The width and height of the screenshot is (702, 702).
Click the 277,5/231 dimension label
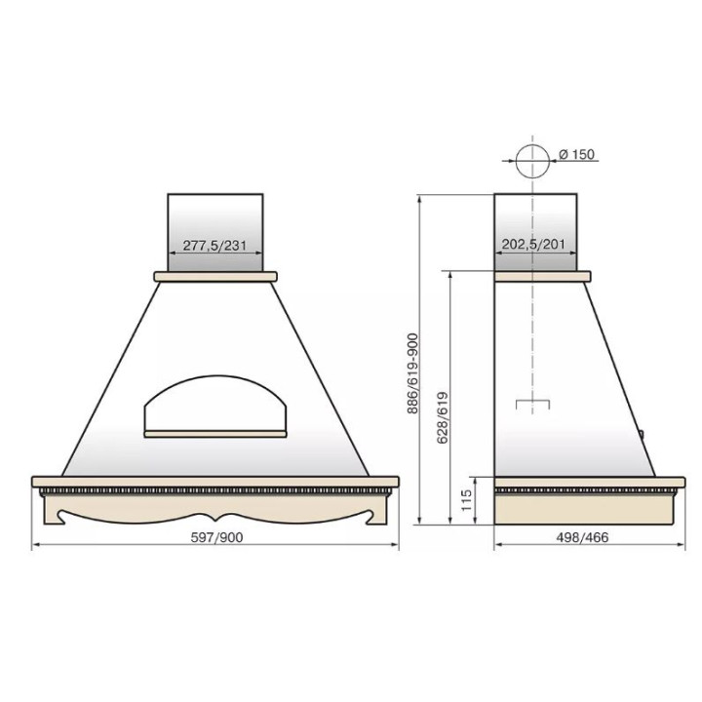(214, 246)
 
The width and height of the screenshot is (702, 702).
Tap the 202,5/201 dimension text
(533, 245)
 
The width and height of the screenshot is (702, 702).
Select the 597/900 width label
(216, 537)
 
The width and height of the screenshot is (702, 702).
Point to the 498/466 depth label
(582, 537)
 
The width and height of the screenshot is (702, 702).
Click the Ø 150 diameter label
(576, 154)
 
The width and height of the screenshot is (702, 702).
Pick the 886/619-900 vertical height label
(412, 373)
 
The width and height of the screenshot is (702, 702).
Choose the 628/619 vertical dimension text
(443, 417)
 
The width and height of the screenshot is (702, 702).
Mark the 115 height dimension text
(466, 500)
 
